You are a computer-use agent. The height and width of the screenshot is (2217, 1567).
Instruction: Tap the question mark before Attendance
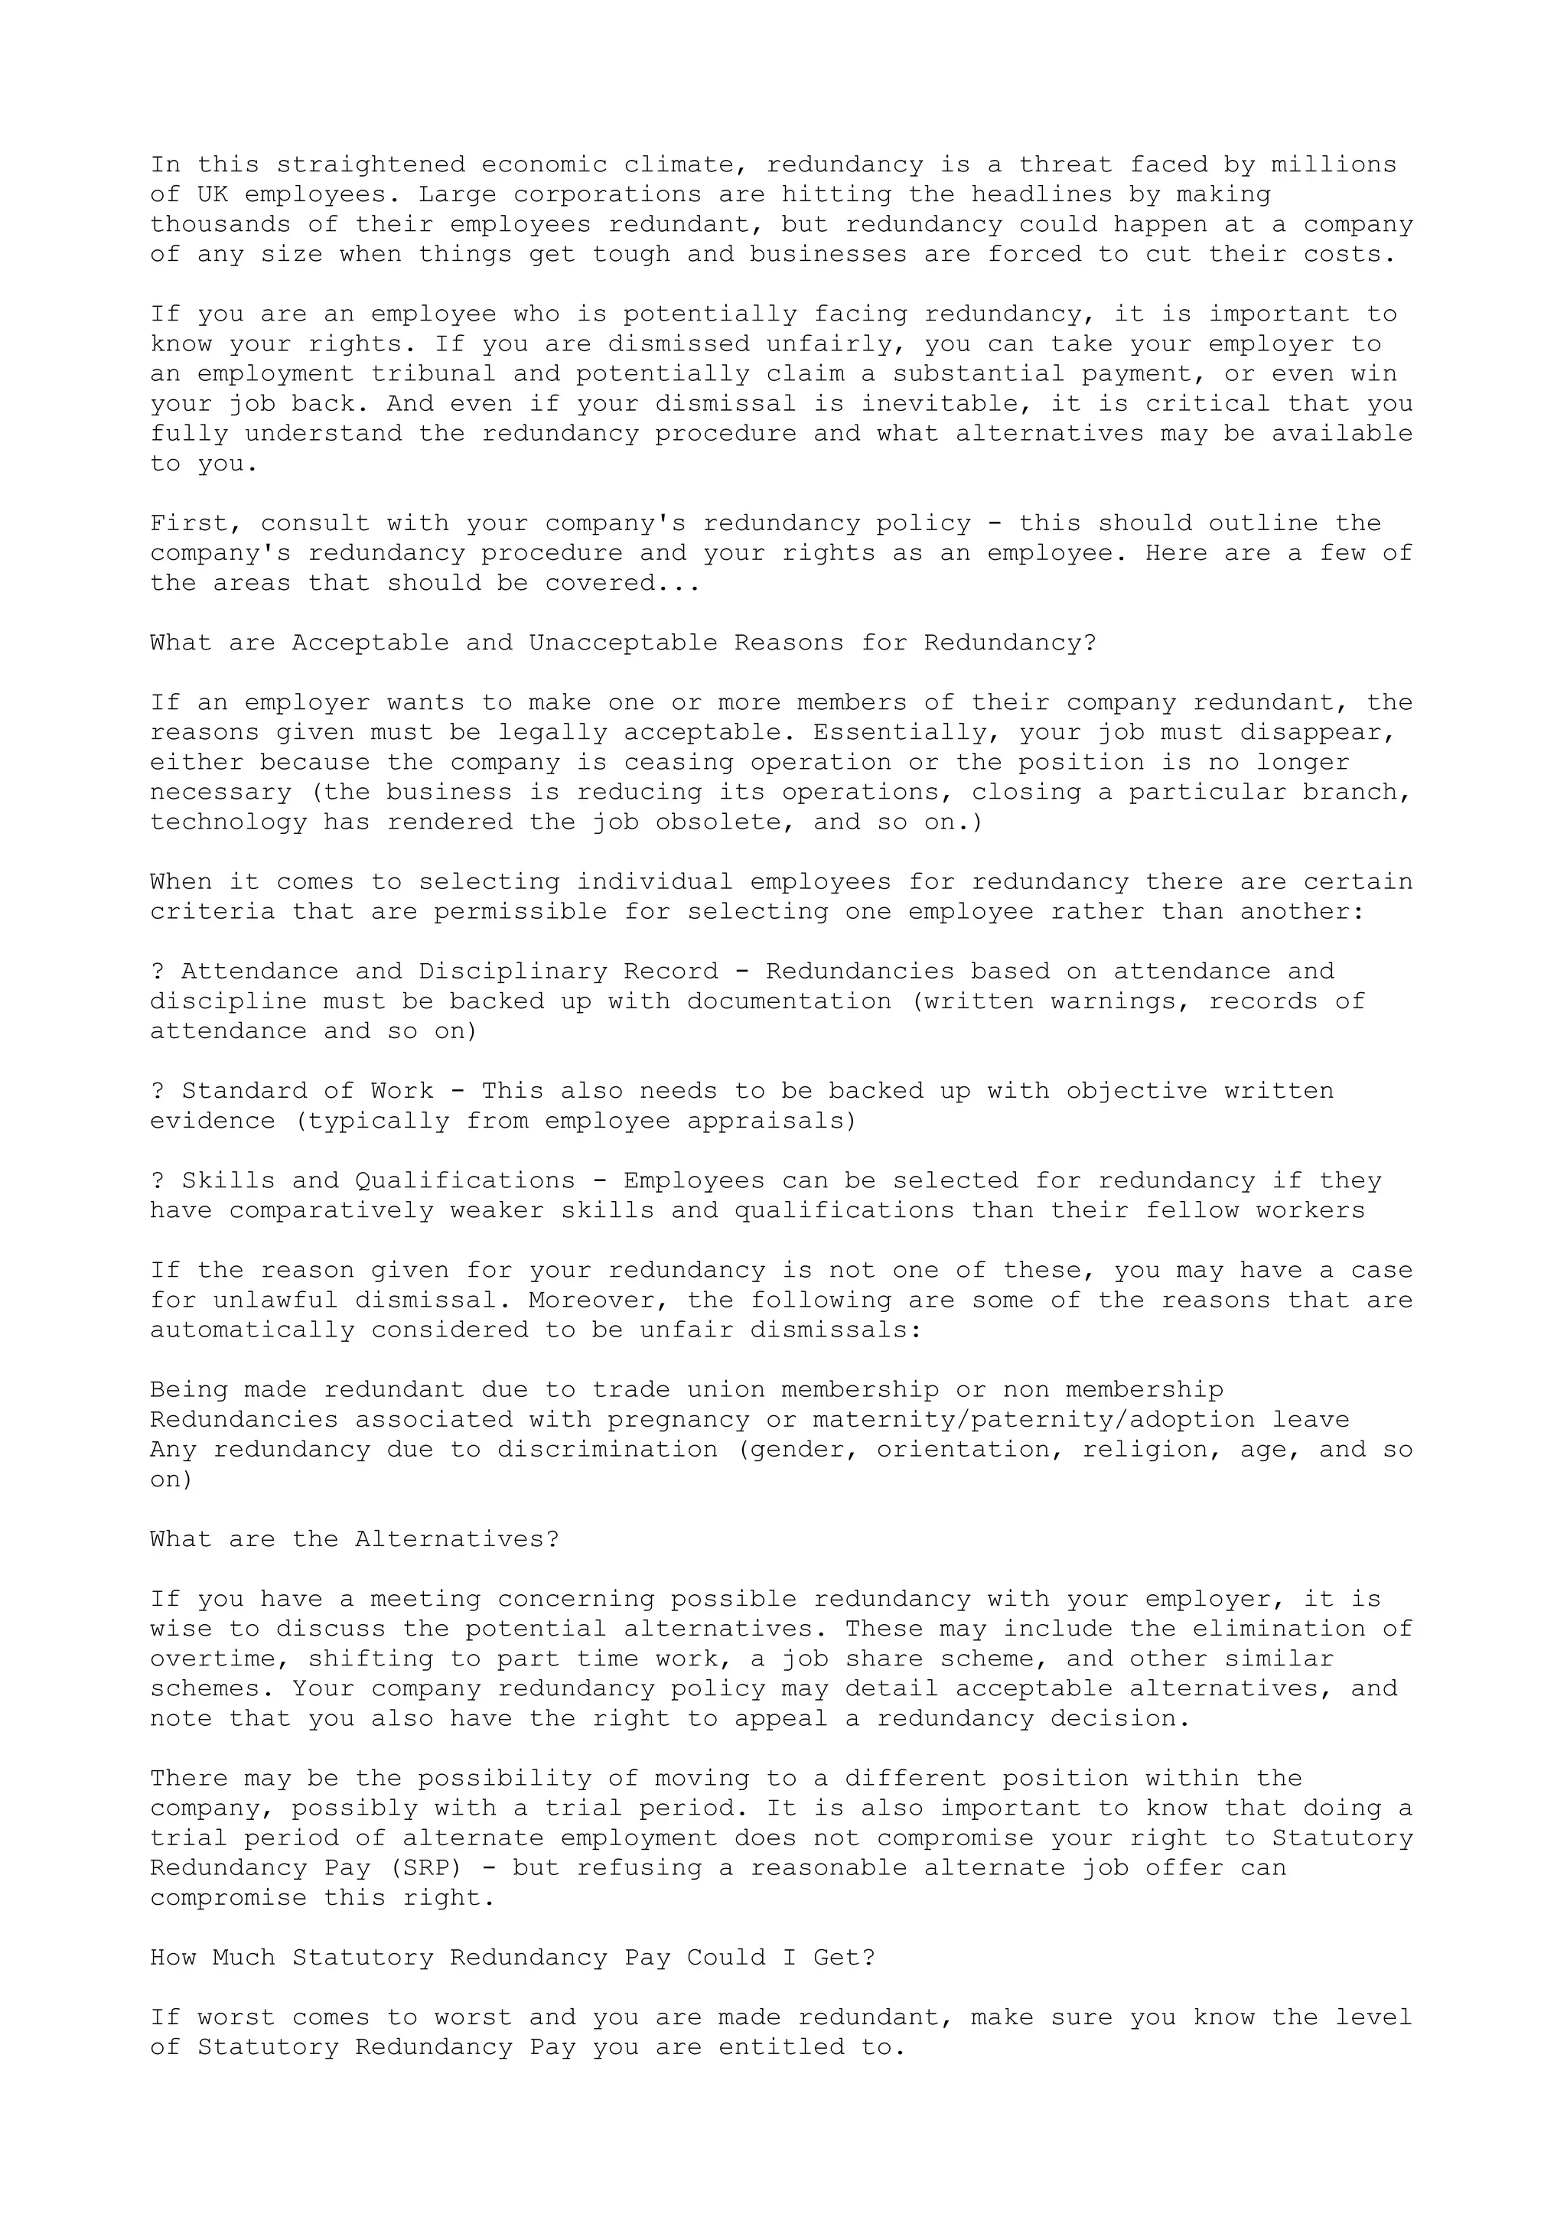pyautogui.click(x=158, y=972)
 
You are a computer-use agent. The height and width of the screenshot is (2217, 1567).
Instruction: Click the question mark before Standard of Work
pyautogui.click(x=158, y=1091)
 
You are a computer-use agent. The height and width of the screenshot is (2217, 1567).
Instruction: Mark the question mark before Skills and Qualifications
pyautogui.click(x=158, y=1181)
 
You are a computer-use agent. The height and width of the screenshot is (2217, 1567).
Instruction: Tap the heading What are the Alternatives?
pyautogui.click(x=354, y=1539)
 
